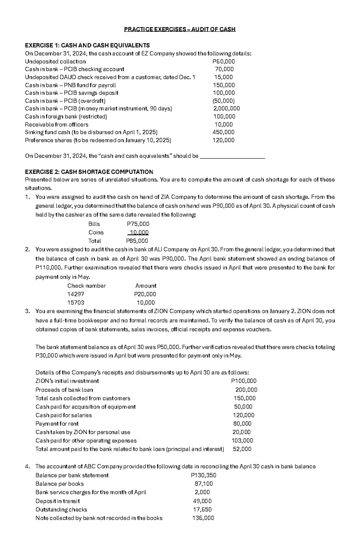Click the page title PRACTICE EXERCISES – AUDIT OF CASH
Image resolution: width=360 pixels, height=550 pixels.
pos(180,29)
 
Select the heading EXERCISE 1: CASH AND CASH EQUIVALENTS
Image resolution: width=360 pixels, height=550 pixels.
pos(87,46)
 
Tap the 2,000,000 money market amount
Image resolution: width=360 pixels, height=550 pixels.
pos(226,109)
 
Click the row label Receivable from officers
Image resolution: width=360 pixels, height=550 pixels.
pos(56,124)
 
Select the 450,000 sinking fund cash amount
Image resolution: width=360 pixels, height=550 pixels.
pos(223,132)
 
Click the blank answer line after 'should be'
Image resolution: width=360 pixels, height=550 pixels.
pos(232,156)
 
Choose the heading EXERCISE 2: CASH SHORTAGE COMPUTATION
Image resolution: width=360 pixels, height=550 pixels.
pos(89,172)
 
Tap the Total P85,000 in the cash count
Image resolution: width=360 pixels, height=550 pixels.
pos(137,241)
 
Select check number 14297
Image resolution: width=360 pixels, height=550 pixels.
pos(76,294)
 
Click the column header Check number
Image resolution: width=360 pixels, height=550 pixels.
pos(86,286)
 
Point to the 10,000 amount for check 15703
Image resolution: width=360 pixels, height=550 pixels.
pos(146,303)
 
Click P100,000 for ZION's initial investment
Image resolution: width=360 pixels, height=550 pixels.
pos(244,381)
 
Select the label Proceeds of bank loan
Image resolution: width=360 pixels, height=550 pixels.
pos(64,390)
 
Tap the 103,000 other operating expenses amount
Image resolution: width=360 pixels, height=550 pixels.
pos(242,441)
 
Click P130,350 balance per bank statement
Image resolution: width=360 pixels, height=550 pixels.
pos(203,475)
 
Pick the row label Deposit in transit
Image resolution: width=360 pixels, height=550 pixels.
pos(58,501)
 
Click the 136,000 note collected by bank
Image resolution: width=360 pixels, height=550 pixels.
pos(203,518)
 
